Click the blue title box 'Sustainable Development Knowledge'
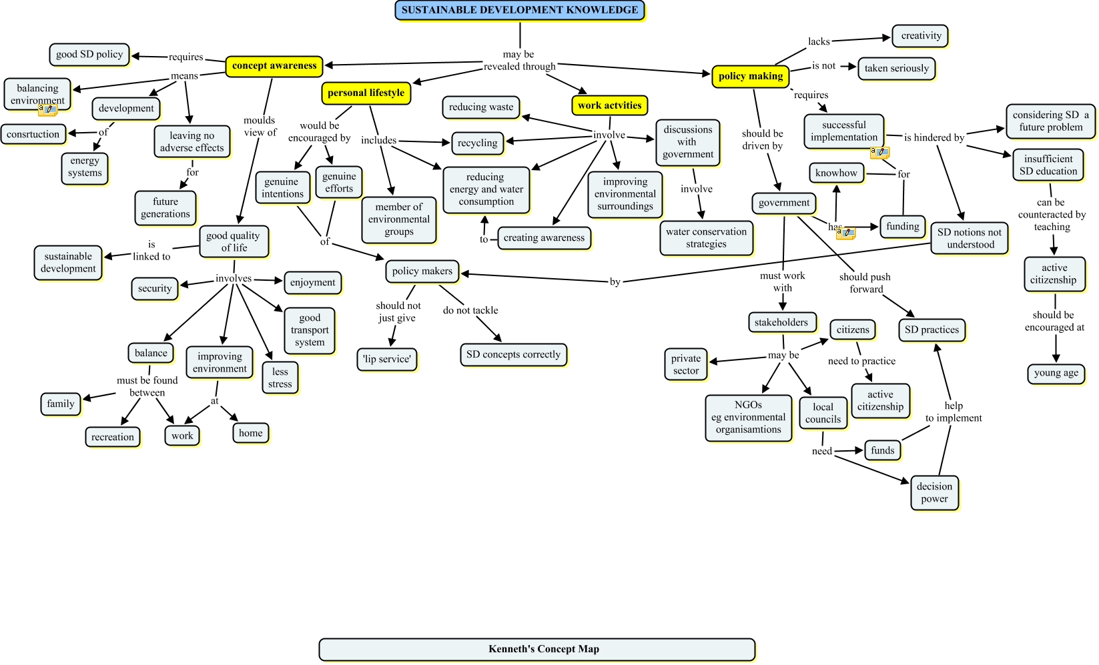click(x=520, y=10)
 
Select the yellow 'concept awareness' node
click(x=274, y=66)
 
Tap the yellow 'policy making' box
click(x=750, y=76)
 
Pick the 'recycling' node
click(x=477, y=143)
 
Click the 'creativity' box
click(x=921, y=36)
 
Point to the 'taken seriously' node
click(x=896, y=68)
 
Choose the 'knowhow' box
click(x=836, y=173)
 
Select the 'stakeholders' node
click(x=781, y=322)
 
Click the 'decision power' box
click(x=934, y=492)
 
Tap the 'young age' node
click(x=1056, y=373)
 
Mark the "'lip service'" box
click(x=387, y=359)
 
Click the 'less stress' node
click(x=280, y=378)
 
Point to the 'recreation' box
click(x=113, y=437)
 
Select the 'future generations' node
click(x=165, y=207)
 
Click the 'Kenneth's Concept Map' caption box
click(x=536, y=649)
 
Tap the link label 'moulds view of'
click(x=260, y=126)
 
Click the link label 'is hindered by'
click(x=934, y=137)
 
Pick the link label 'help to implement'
click(x=954, y=412)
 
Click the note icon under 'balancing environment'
click(x=47, y=109)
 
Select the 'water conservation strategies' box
click(x=706, y=237)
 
